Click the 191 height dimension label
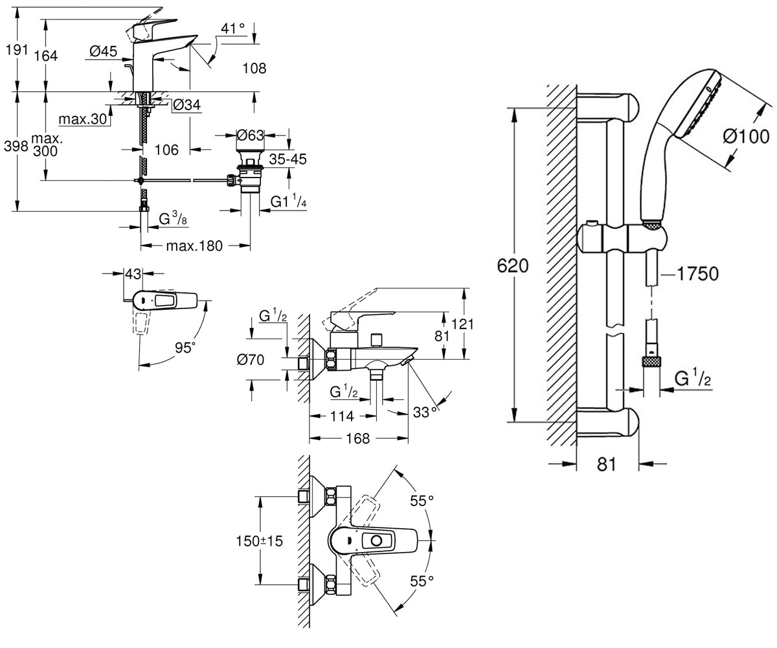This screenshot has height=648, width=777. click(x=16, y=49)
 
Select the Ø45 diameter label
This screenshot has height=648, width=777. click(x=103, y=51)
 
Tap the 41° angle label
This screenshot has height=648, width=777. click(x=233, y=29)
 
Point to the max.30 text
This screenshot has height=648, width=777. click(x=83, y=119)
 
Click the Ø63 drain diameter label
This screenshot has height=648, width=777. click(x=251, y=135)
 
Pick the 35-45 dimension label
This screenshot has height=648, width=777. click(x=287, y=159)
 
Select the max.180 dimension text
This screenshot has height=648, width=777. click(x=194, y=246)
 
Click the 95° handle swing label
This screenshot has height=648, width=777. click(x=185, y=347)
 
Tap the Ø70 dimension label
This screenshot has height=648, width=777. click(x=251, y=360)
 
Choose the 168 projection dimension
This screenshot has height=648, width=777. click(x=358, y=439)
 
